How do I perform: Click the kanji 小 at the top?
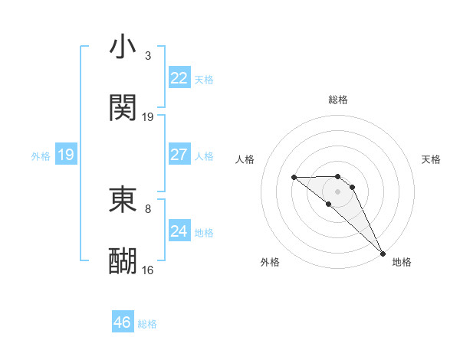[123, 47]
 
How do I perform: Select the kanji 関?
[123, 108]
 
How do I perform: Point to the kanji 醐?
[123, 260]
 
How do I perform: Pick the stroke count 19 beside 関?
[148, 116]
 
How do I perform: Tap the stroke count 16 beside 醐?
[148, 269]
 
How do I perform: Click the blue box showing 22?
[179, 78]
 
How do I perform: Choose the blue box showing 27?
[179, 155]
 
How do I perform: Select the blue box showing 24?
[179, 231]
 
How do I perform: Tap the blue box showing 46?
[122, 322]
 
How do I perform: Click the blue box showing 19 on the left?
[66, 155]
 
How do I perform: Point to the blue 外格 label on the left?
[41, 156]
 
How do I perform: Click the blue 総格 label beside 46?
[147, 324]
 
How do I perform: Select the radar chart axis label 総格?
[337, 100]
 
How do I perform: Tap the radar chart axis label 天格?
[431, 159]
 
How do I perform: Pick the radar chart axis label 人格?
[245, 159]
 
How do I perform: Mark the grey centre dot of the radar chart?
[337, 191]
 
